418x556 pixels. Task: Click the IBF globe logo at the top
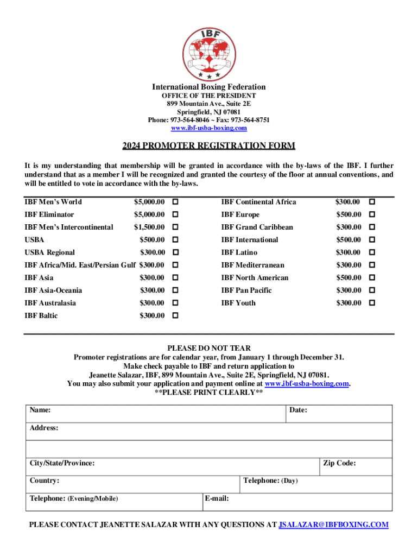209,53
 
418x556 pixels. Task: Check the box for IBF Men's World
175,202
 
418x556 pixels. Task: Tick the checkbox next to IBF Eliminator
175,214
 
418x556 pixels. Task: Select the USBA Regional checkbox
175,252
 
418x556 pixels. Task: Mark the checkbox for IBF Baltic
175,315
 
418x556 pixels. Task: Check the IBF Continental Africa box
372,202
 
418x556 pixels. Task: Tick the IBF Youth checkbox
372,303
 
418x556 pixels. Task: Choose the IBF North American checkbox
372,277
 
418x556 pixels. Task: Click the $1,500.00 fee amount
149,227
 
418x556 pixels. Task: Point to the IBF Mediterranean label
252,265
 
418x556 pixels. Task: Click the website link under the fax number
209,128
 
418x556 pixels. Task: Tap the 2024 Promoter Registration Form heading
209,146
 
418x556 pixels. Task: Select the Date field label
299,410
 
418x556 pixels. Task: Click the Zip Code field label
339,463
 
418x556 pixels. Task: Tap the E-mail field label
217,498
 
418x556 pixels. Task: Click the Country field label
45,481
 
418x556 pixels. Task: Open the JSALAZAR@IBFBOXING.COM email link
333,525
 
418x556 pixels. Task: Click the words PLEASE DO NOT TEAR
209,348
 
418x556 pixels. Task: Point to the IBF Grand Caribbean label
257,227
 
